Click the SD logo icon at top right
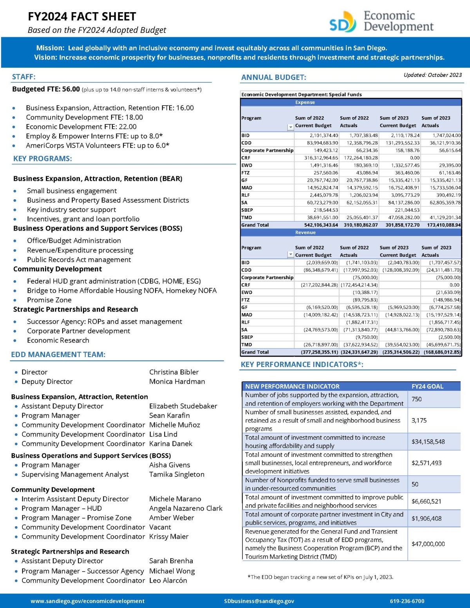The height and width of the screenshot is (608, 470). pyautogui.click(x=343, y=22)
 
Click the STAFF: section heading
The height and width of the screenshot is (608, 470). pyautogui.click(x=23, y=77)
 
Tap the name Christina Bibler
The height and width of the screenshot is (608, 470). pyautogui.click(x=174, y=372)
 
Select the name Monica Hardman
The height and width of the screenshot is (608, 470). pyautogui.click(x=177, y=381)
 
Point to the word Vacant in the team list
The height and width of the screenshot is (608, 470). pyautogui.click(x=160, y=527)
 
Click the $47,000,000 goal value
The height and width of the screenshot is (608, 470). pyautogui.click(x=428, y=544)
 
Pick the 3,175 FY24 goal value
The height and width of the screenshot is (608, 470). pyautogui.click(x=419, y=420)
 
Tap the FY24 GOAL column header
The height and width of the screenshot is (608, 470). pyautogui.click(x=427, y=386)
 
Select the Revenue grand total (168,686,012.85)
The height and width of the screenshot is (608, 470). pyautogui.click(x=442, y=352)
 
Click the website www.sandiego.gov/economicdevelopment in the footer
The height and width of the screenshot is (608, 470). pyautogui.click(x=87, y=601)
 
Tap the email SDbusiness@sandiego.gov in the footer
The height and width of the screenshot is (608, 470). pyautogui.click(x=259, y=601)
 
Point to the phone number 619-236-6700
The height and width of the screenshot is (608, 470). pyautogui.click(x=407, y=601)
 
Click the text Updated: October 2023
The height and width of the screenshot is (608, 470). pyautogui.click(x=432, y=75)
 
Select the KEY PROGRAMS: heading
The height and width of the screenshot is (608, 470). pyautogui.click(x=42, y=159)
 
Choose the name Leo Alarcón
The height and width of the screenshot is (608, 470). pyautogui.click(x=168, y=580)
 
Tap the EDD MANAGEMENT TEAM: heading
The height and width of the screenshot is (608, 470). pyautogui.click(x=58, y=355)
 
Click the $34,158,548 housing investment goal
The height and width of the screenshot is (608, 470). pyautogui.click(x=428, y=442)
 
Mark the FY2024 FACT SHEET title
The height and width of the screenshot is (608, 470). pyautogui.click(x=82, y=16)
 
